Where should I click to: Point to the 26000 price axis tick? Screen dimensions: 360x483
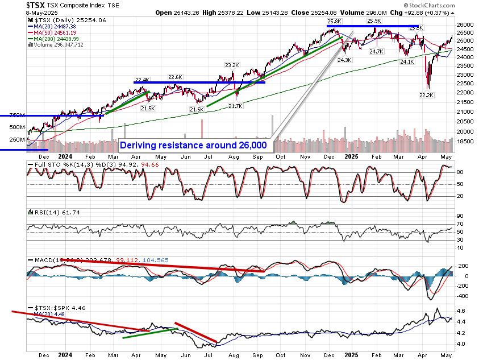coord(465,25)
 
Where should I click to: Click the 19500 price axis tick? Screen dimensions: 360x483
coord(465,140)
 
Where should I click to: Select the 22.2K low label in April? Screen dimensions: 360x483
coord(425,95)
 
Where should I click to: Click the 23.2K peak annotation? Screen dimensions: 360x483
coord(232,65)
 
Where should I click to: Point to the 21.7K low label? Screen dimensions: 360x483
coord(235,106)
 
